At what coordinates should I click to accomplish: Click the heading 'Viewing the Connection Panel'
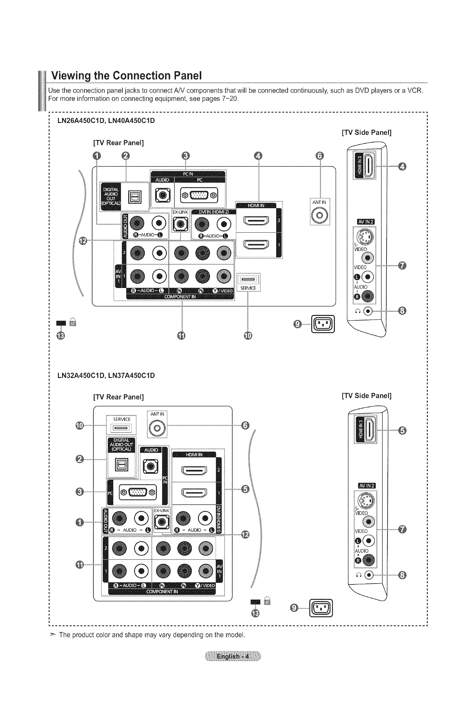126,75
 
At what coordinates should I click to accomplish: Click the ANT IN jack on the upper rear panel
320,216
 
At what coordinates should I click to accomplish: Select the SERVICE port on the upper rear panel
248,279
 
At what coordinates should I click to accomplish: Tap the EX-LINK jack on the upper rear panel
181,224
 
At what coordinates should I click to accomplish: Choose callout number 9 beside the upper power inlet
297,324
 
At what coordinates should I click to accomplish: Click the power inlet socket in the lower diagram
321,608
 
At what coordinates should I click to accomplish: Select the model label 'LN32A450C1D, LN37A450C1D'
106,375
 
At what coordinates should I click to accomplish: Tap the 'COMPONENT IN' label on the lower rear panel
162,591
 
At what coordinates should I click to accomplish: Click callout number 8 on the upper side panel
402,311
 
